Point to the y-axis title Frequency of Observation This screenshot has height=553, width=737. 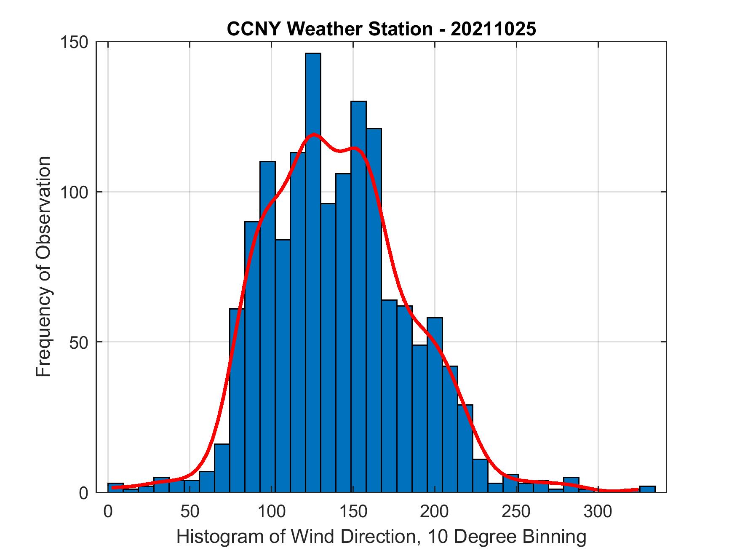(43, 267)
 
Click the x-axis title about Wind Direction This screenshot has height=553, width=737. (381, 537)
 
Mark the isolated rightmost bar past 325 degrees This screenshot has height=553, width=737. (647, 489)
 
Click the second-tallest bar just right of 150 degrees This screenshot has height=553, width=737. (358, 295)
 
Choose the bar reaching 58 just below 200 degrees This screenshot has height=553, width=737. (435, 404)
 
